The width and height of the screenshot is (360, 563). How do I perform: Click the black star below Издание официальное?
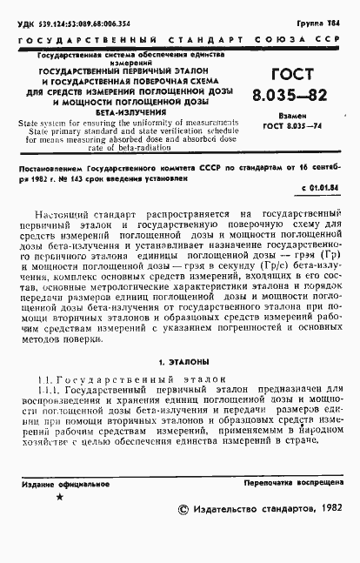59,496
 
